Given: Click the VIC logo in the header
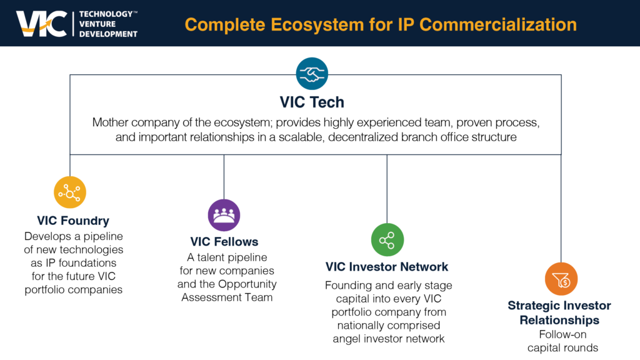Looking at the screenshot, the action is [x=42, y=24].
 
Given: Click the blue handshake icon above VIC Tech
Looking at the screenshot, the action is [x=312, y=74].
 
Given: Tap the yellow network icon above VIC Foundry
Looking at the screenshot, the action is [x=70, y=192].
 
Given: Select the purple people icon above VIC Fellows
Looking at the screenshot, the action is [x=224, y=215].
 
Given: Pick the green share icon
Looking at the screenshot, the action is [x=387, y=239].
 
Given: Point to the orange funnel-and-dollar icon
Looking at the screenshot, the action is [x=561, y=279].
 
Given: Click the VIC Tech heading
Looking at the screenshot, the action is [x=312, y=102].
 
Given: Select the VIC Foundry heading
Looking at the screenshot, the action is [x=73, y=221].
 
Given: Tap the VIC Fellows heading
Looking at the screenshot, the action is [x=224, y=242].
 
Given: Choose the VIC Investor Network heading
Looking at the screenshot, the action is [x=386, y=267].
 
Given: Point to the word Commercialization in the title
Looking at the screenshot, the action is [x=498, y=24].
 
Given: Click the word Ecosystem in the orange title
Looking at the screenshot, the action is [x=317, y=25].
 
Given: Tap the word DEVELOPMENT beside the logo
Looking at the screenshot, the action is [x=108, y=34].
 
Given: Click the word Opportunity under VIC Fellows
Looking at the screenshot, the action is [x=247, y=284].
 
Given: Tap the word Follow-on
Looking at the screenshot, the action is [x=562, y=334].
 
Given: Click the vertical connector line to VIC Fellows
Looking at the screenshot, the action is [x=224, y=177].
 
